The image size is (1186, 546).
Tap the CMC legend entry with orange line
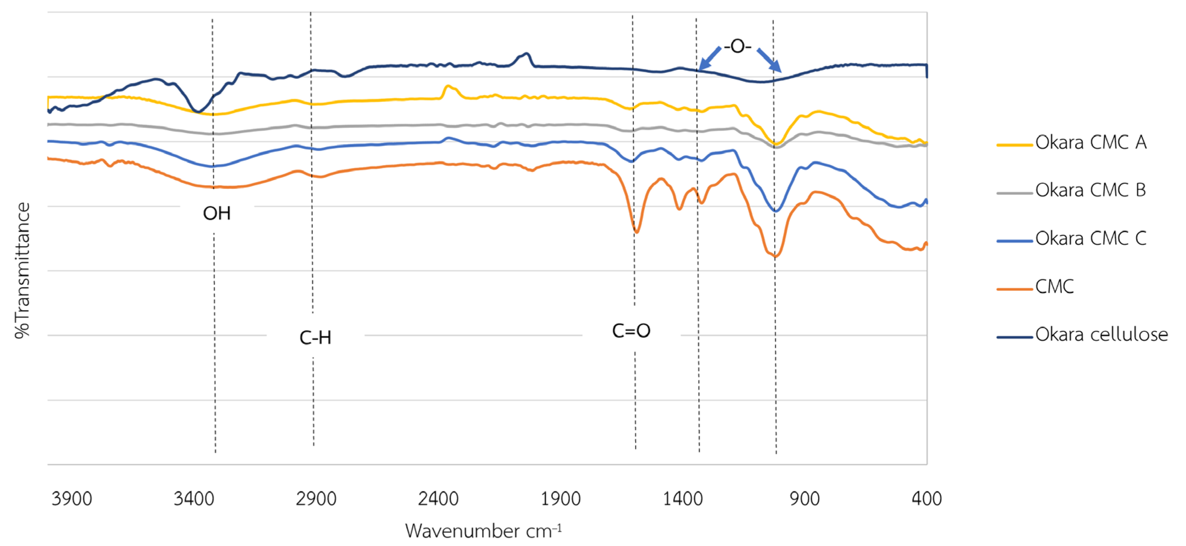tap(1054, 287)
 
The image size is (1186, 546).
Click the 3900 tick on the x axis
tap(72, 498)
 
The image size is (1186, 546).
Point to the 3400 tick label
tap(194, 498)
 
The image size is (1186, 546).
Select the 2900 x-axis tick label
tap(316, 498)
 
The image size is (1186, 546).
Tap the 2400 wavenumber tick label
tap(438, 498)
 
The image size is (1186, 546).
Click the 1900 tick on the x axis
tap(560, 498)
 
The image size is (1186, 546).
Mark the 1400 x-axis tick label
tap(682, 498)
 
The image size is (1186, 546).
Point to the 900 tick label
tap(804, 498)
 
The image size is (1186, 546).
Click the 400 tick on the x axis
tap(926, 498)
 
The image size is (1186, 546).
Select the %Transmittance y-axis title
tap(22, 270)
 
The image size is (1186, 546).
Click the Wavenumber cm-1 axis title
tap(483, 531)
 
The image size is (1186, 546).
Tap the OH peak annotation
tap(216, 214)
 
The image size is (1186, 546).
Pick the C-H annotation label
tap(316, 338)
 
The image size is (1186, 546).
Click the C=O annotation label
tap(631, 331)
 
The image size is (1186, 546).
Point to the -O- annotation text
tap(737, 46)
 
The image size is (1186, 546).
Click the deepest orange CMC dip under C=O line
tap(636, 232)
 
